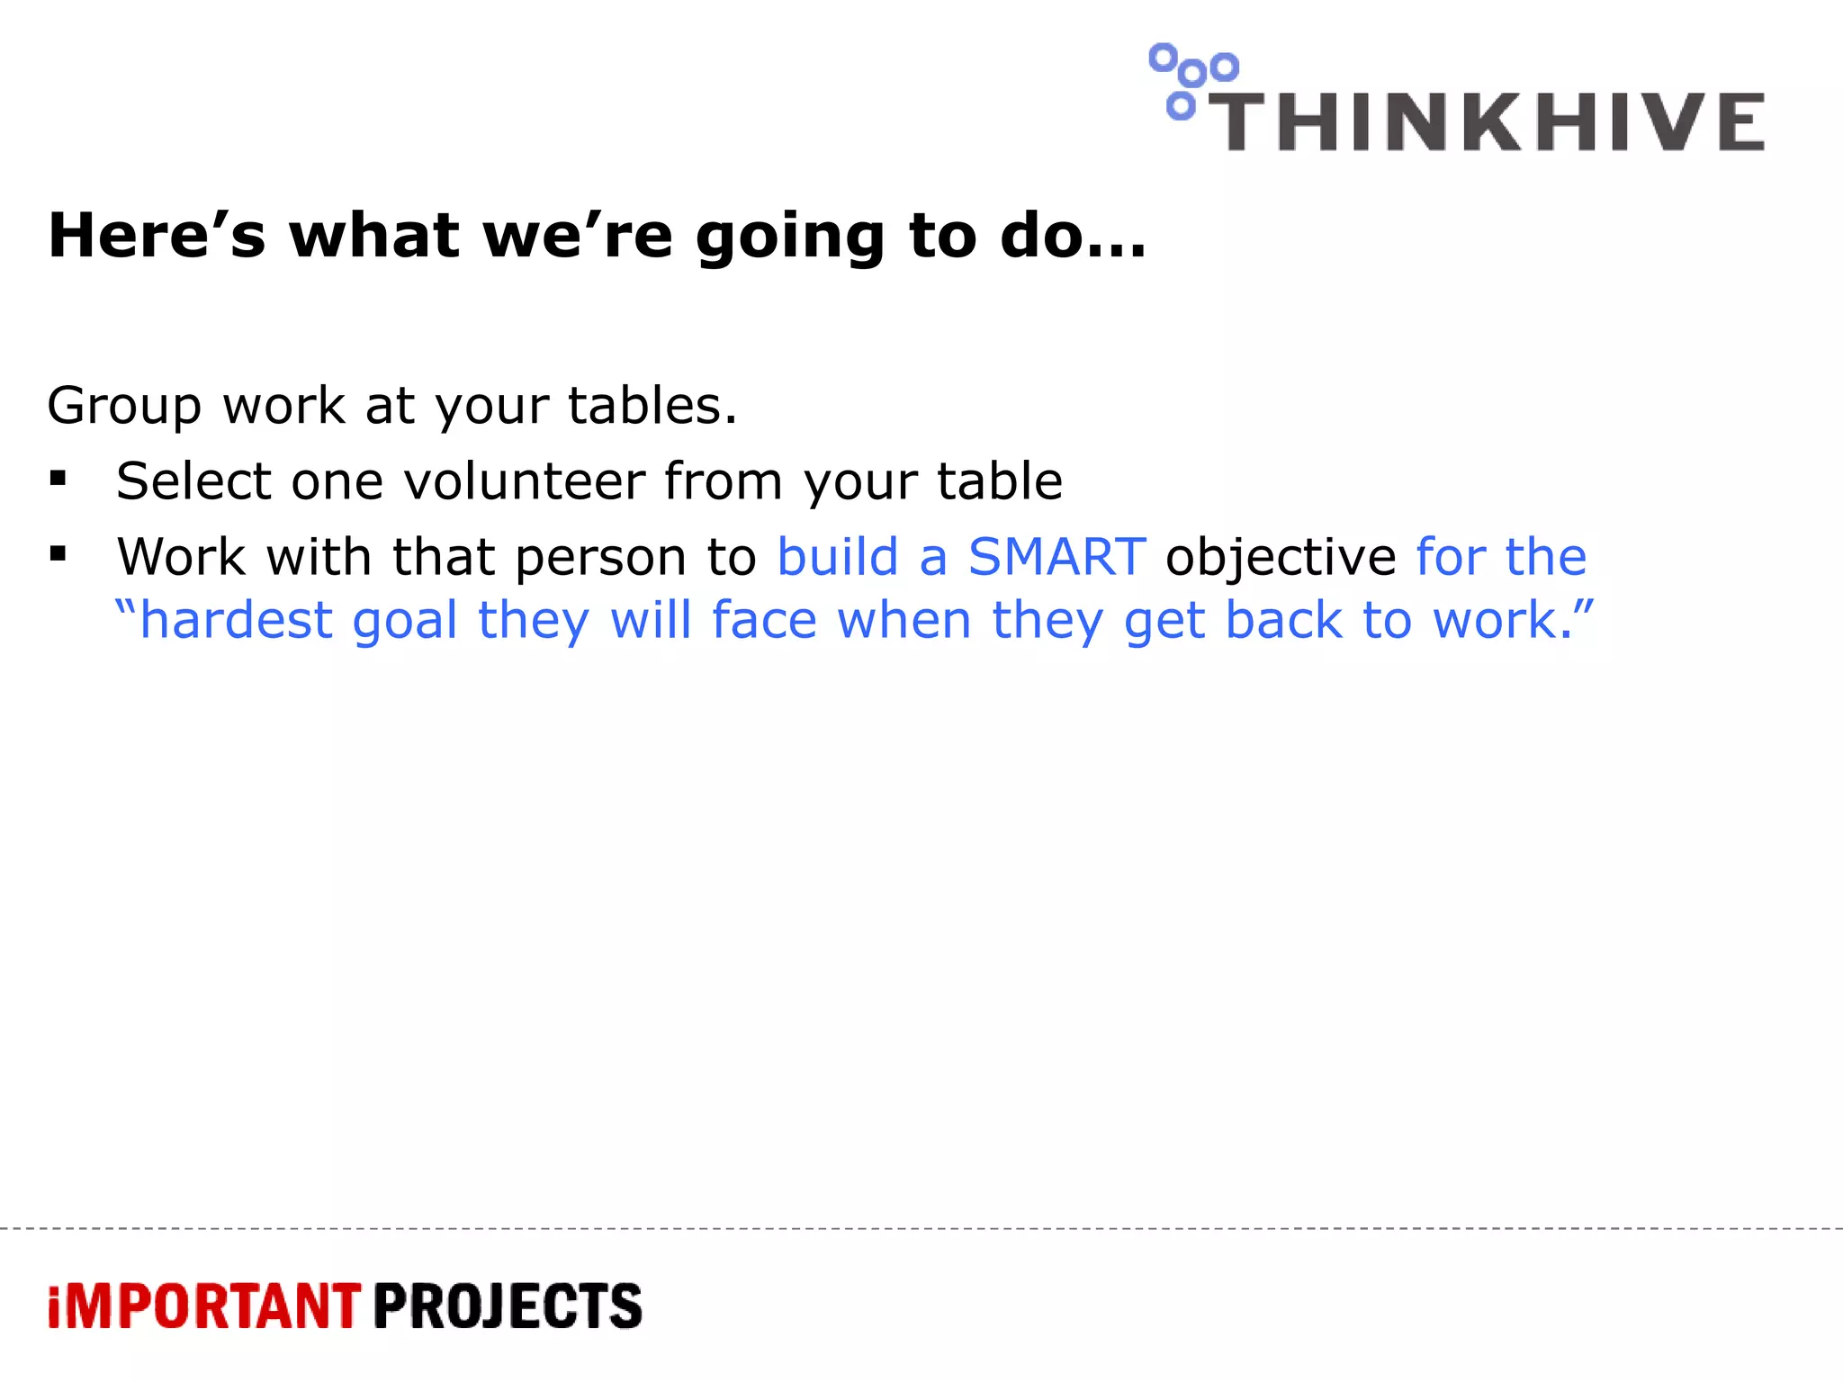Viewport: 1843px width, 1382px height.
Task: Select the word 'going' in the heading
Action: tap(791, 238)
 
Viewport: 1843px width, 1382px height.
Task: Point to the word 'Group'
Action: tap(124, 407)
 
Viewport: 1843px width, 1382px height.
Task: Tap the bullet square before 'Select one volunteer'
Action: tap(58, 479)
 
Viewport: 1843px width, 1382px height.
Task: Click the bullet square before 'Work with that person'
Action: tap(58, 554)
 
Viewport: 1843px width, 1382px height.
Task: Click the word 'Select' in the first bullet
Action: tap(193, 480)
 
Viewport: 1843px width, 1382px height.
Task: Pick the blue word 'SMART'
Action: tap(1056, 556)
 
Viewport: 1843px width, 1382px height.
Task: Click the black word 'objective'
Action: tap(1281, 558)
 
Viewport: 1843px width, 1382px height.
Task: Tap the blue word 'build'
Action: tap(838, 556)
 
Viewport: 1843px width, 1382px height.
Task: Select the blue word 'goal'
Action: tap(405, 622)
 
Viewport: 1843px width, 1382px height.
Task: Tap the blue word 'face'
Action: tap(764, 620)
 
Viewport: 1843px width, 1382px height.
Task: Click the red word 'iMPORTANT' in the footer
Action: tap(204, 1306)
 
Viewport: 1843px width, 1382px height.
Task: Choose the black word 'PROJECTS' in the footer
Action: tap(508, 1306)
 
